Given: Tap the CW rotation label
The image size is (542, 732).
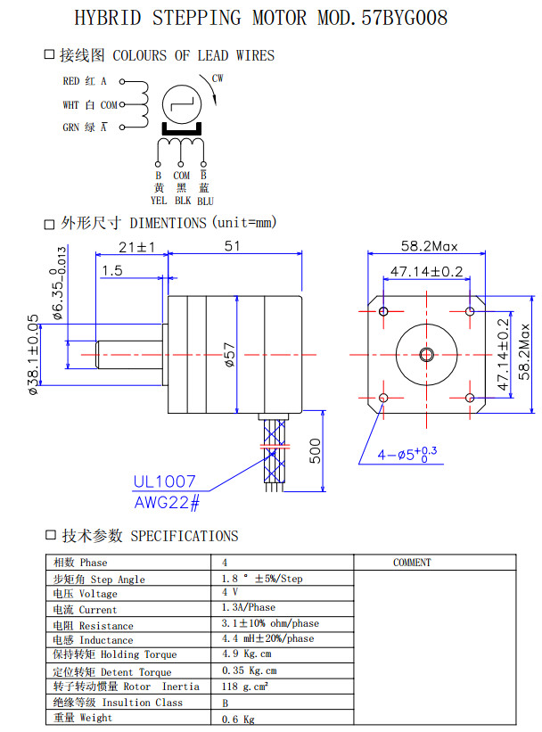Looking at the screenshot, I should click(x=218, y=78).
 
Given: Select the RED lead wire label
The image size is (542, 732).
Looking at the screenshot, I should click(x=71, y=81).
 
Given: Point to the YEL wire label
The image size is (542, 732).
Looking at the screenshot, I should click(x=159, y=201).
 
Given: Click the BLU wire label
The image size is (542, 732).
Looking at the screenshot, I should click(x=205, y=201).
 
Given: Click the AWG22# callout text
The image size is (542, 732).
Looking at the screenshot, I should click(x=167, y=502).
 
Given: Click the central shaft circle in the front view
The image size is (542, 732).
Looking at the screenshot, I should click(x=427, y=354).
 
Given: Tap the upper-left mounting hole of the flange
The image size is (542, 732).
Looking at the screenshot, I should click(x=384, y=311).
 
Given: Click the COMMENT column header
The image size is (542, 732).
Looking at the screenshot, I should click(x=411, y=563).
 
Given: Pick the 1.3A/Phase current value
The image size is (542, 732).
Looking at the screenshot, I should click(x=249, y=609).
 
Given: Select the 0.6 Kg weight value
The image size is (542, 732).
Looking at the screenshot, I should click(x=238, y=719).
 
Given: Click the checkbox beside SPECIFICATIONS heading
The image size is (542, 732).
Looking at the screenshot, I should click(x=51, y=535).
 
